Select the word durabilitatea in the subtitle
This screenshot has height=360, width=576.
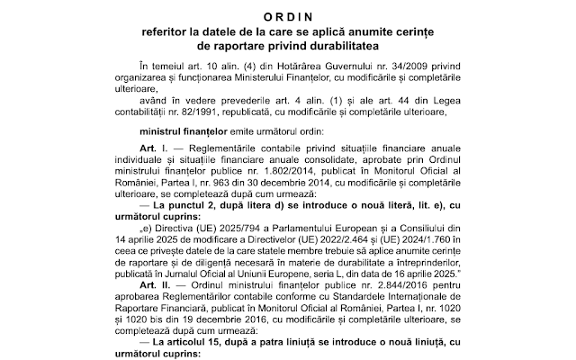tap(339, 43)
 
